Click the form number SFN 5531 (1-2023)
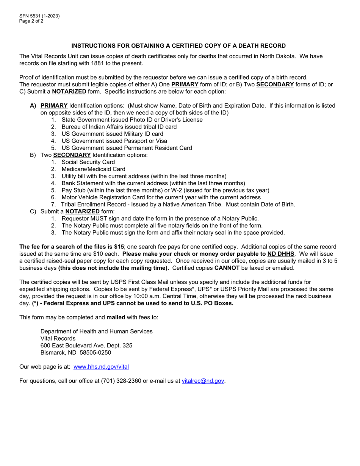click(39, 16)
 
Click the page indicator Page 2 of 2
click(31, 21)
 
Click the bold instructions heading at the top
click(178, 46)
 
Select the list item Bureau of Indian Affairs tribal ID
click(119, 127)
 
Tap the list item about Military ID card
click(112, 134)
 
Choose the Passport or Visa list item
click(114, 141)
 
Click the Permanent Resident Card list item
click(127, 148)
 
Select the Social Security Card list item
click(88, 162)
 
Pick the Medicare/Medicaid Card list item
click(93, 169)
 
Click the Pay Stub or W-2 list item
click(165, 190)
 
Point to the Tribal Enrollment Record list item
click(178, 205)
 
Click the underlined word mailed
click(116, 317)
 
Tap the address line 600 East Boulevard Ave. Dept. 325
click(86, 346)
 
